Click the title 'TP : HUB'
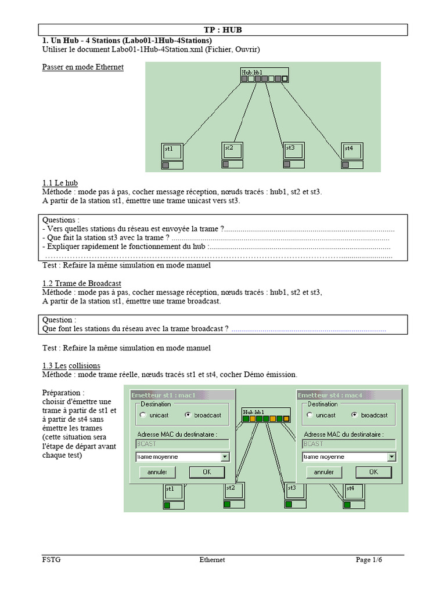coord(222,30)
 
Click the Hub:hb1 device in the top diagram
coord(264,75)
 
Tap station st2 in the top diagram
coord(232,151)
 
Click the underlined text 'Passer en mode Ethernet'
coord(83,67)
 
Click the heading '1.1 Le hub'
coord(60,183)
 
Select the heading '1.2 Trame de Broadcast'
coord(82,283)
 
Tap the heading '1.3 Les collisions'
coord(71,365)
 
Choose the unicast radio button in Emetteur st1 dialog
coord(143,415)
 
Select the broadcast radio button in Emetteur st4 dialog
coord(354,415)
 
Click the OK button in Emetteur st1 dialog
coord(207,472)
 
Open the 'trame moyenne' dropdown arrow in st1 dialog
coord(225,457)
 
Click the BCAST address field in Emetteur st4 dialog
coord(348,444)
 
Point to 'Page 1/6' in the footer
coord(369,560)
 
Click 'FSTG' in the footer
coord(51,560)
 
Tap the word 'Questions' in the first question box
coord(59,220)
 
